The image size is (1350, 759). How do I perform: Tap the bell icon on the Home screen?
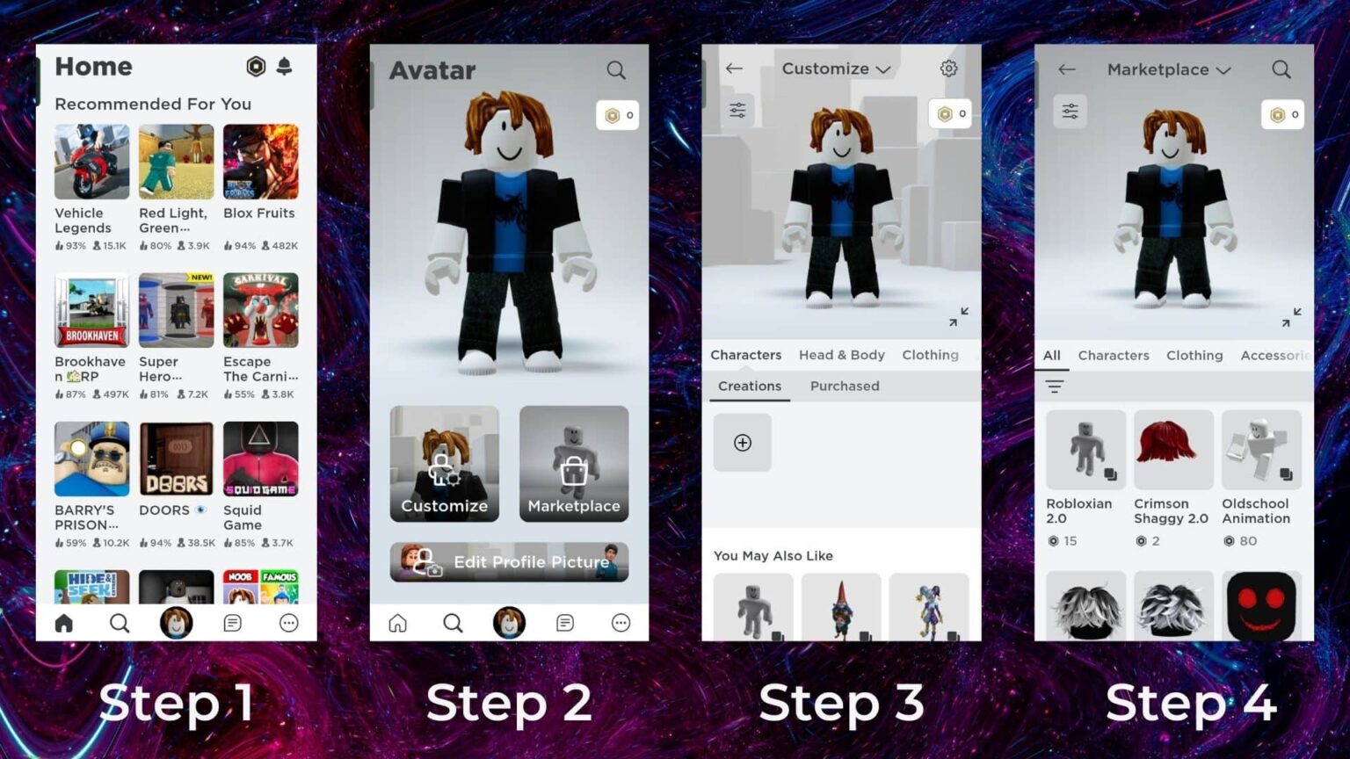pos(284,67)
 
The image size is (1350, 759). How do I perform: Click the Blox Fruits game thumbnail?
pos(260,162)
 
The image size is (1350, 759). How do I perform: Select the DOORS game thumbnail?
pos(176,459)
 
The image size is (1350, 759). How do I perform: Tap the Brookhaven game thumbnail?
pos(91,310)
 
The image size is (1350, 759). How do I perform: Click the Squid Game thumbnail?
pos(260,459)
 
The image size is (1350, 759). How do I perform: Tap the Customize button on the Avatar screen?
pos(445,464)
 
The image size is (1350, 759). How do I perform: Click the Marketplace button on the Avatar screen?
pos(574,464)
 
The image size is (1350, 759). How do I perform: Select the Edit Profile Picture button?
pos(509,562)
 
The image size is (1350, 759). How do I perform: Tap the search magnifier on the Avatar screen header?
pos(616,70)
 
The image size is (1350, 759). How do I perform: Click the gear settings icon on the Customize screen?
pos(948,69)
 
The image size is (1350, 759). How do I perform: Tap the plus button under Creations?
pos(743,443)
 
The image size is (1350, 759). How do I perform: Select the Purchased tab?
pos(845,386)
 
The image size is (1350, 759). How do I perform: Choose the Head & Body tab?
pos(841,355)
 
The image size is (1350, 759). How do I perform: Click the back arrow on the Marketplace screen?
pos(1067,69)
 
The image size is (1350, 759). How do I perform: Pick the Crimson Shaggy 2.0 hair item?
pos(1173,450)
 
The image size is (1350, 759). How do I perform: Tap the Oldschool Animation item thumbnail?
pos(1261,450)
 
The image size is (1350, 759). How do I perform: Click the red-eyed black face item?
pos(1261,606)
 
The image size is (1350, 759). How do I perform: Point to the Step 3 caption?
pos(841,703)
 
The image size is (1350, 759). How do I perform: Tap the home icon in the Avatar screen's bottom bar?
pos(398,623)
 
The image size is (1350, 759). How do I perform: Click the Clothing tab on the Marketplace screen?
pos(1194,355)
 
